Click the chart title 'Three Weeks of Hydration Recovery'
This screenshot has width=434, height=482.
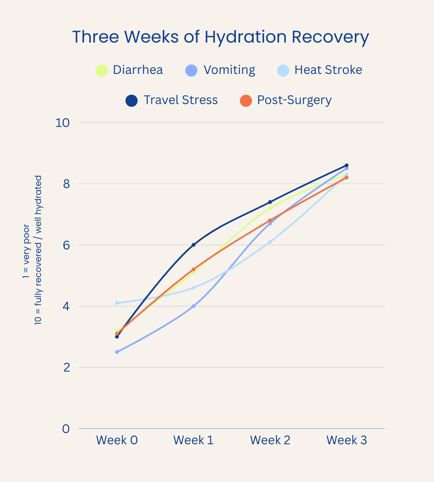(220, 37)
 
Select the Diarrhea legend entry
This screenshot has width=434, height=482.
(129, 70)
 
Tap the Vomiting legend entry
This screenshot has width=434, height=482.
(220, 70)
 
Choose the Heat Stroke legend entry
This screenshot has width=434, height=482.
(320, 70)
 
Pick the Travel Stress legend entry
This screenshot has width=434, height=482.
(172, 100)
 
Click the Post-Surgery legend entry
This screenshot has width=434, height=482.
(286, 100)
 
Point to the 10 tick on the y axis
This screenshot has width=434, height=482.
(63, 123)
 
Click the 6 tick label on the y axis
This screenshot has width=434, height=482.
(66, 245)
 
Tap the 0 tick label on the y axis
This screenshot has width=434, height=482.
(66, 429)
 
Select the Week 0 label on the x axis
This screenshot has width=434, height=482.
(117, 440)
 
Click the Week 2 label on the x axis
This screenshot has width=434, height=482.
(270, 440)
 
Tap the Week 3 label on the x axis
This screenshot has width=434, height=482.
(346, 440)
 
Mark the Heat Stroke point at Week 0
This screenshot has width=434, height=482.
(117, 303)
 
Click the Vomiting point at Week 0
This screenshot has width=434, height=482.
(117, 352)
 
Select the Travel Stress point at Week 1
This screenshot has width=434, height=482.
(193, 245)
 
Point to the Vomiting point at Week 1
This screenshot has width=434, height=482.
(193, 306)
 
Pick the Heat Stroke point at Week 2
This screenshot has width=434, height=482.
(270, 242)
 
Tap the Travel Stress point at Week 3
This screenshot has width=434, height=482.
(346, 165)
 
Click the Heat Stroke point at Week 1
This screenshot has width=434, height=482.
(193, 288)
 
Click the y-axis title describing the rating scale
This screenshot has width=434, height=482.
(32, 250)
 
